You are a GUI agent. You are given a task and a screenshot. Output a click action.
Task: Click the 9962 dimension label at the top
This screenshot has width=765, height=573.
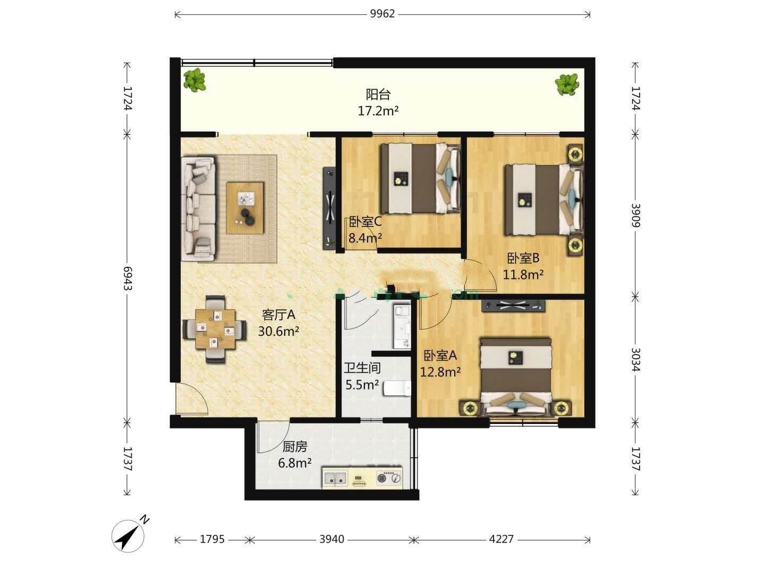coord(382,14)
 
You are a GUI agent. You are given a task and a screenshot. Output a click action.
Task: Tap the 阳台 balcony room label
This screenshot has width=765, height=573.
coord(378,94)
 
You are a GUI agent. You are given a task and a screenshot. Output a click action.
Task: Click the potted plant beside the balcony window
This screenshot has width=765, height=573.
coord(195,80)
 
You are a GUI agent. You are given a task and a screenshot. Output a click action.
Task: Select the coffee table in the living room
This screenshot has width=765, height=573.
coord(245,207)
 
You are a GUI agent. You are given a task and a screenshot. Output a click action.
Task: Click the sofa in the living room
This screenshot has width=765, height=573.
coord(198,208)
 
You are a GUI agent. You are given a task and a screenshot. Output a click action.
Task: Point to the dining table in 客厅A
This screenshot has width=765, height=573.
coord(215,329)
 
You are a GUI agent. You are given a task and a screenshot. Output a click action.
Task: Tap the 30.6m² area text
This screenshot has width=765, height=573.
coord(278,331)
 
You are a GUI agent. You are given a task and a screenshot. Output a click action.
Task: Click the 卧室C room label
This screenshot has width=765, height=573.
coord(365,221)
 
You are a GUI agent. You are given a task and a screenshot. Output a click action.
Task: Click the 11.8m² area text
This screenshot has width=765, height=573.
coord(523,275)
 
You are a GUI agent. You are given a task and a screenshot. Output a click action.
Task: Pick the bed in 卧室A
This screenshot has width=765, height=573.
coord(515,377)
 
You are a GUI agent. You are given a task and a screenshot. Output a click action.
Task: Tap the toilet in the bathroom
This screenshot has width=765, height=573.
coord(397,388)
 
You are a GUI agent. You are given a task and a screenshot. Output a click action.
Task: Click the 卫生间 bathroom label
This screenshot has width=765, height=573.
coord(362,368)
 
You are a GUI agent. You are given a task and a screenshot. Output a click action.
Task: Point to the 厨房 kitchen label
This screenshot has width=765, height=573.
coord(295,447)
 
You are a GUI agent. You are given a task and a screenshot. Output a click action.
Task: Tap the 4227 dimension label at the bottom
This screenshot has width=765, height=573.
coord(501,539)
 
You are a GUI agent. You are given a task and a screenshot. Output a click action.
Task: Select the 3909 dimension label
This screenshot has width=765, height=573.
coord(636,215)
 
